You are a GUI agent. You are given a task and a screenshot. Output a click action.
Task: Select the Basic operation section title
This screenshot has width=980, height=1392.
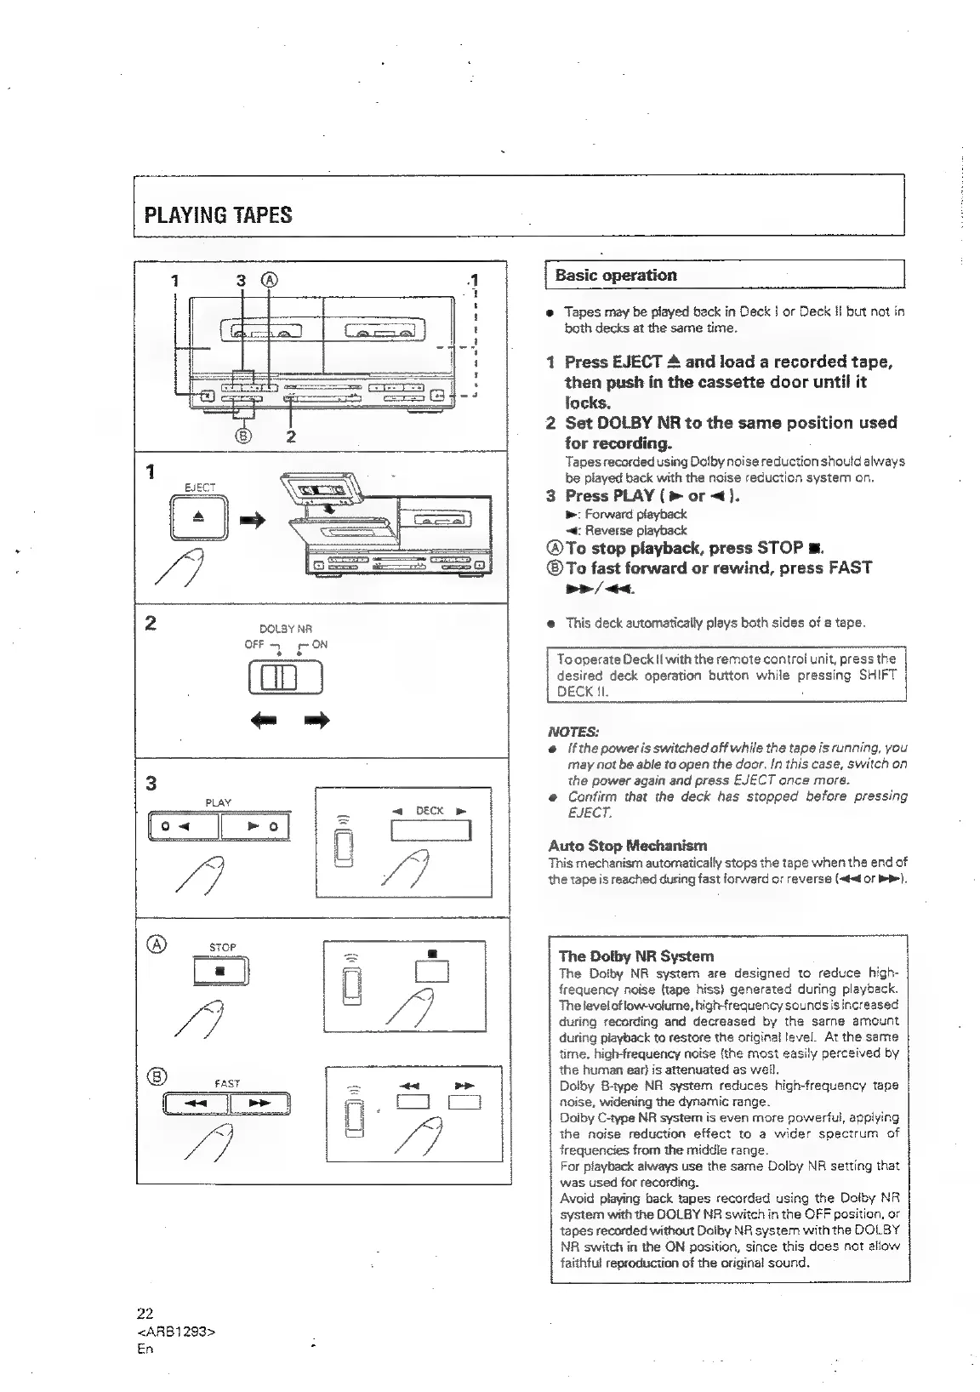(615, 275)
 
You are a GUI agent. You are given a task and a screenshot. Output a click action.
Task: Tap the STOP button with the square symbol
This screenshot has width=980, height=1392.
(219, 971)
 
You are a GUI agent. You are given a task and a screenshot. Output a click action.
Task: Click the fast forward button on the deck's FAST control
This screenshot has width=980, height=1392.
(259, 1104)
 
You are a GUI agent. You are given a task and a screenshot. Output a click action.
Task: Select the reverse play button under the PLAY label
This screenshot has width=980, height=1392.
(184, 826)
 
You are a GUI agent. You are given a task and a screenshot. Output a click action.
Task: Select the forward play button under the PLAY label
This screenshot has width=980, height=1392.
(255, 826)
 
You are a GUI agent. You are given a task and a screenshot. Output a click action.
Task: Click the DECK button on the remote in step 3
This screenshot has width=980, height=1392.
(430, 830)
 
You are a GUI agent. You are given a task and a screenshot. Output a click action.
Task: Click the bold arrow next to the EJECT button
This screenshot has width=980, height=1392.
(253, 520)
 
